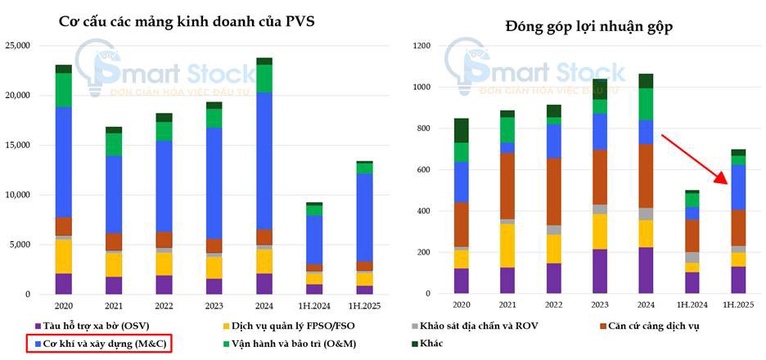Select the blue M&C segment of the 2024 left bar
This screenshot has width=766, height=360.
pyautogui.click(x=264, y=160)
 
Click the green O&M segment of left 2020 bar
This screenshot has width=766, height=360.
pyautogui.click(x=64, y=90)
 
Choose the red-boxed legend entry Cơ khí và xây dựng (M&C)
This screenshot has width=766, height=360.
pyautogui.click(x=99, y=344)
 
